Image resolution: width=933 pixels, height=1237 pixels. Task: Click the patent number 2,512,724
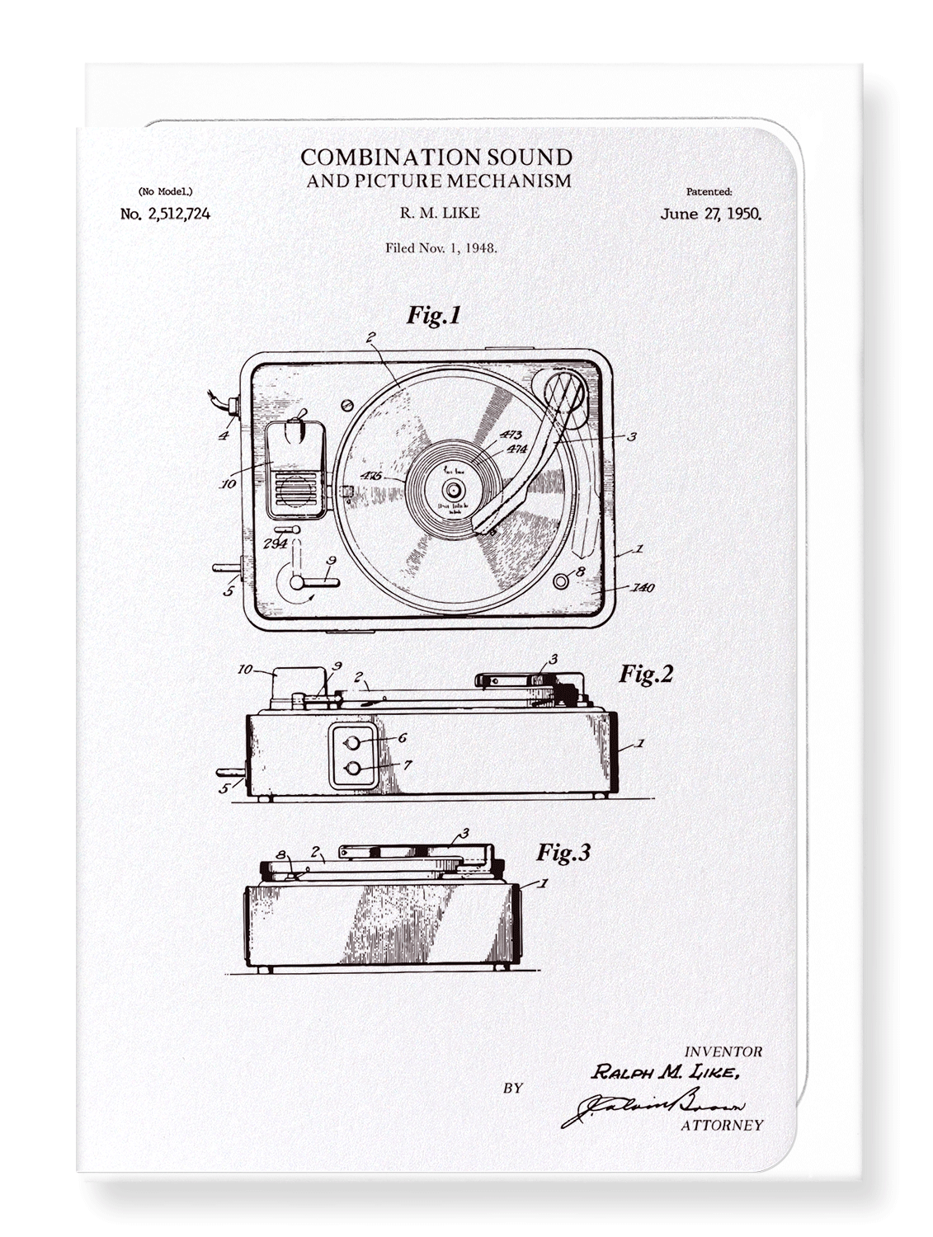tap(165, 214)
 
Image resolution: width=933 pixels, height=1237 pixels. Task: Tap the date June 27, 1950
tap(710, 214)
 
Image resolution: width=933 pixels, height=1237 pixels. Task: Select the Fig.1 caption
tap(433, 315)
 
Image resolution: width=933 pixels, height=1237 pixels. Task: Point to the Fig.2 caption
tap(646, 674)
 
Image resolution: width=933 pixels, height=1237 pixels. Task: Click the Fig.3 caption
tap(564, 852)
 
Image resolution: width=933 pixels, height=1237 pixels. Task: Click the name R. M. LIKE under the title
tap(439, 213)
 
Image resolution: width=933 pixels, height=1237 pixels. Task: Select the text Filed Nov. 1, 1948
tap(441, 247)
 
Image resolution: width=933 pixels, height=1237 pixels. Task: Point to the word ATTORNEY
tap(722, 1125)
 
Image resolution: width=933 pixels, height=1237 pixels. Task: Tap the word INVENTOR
tap(723, 1051)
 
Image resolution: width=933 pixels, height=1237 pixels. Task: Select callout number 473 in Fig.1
tap(511, 435)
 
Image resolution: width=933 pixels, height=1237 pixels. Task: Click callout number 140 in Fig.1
tap(642, 588)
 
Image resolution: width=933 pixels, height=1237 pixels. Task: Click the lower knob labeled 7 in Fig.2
tap(354, 769)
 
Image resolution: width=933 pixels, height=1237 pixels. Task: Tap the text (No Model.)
tap(165, 191)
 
